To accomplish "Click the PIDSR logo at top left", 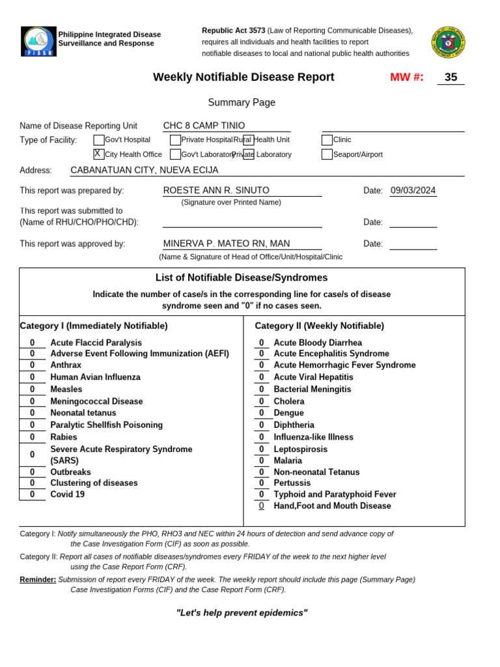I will pos(38,41).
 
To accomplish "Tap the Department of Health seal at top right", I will pos(448,42).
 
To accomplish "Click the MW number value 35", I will pos(451,78).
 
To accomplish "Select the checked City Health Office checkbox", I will pos(98,154).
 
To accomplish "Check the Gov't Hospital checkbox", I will pos(98,139).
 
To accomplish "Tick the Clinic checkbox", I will pos(327,139).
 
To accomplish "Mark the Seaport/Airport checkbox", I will pos(327,154).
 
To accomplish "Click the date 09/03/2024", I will pos(413,191).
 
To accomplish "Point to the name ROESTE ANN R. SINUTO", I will pos(215,190).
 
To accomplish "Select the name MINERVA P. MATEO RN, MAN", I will pos(226,244).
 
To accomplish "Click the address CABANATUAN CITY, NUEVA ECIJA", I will pos(144,170).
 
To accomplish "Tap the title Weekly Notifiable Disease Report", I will pos(243,78).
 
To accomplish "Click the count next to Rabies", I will pos(32,437).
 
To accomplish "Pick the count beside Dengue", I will pos(261,413).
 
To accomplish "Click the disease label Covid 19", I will pos(67,494).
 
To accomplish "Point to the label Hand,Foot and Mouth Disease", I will pos(332,506).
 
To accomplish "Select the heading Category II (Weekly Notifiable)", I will pos(319,326).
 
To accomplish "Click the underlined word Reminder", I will pos(38,579).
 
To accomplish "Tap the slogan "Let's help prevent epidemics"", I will pos(242,613).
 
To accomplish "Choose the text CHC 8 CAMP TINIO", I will pos(204,126).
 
